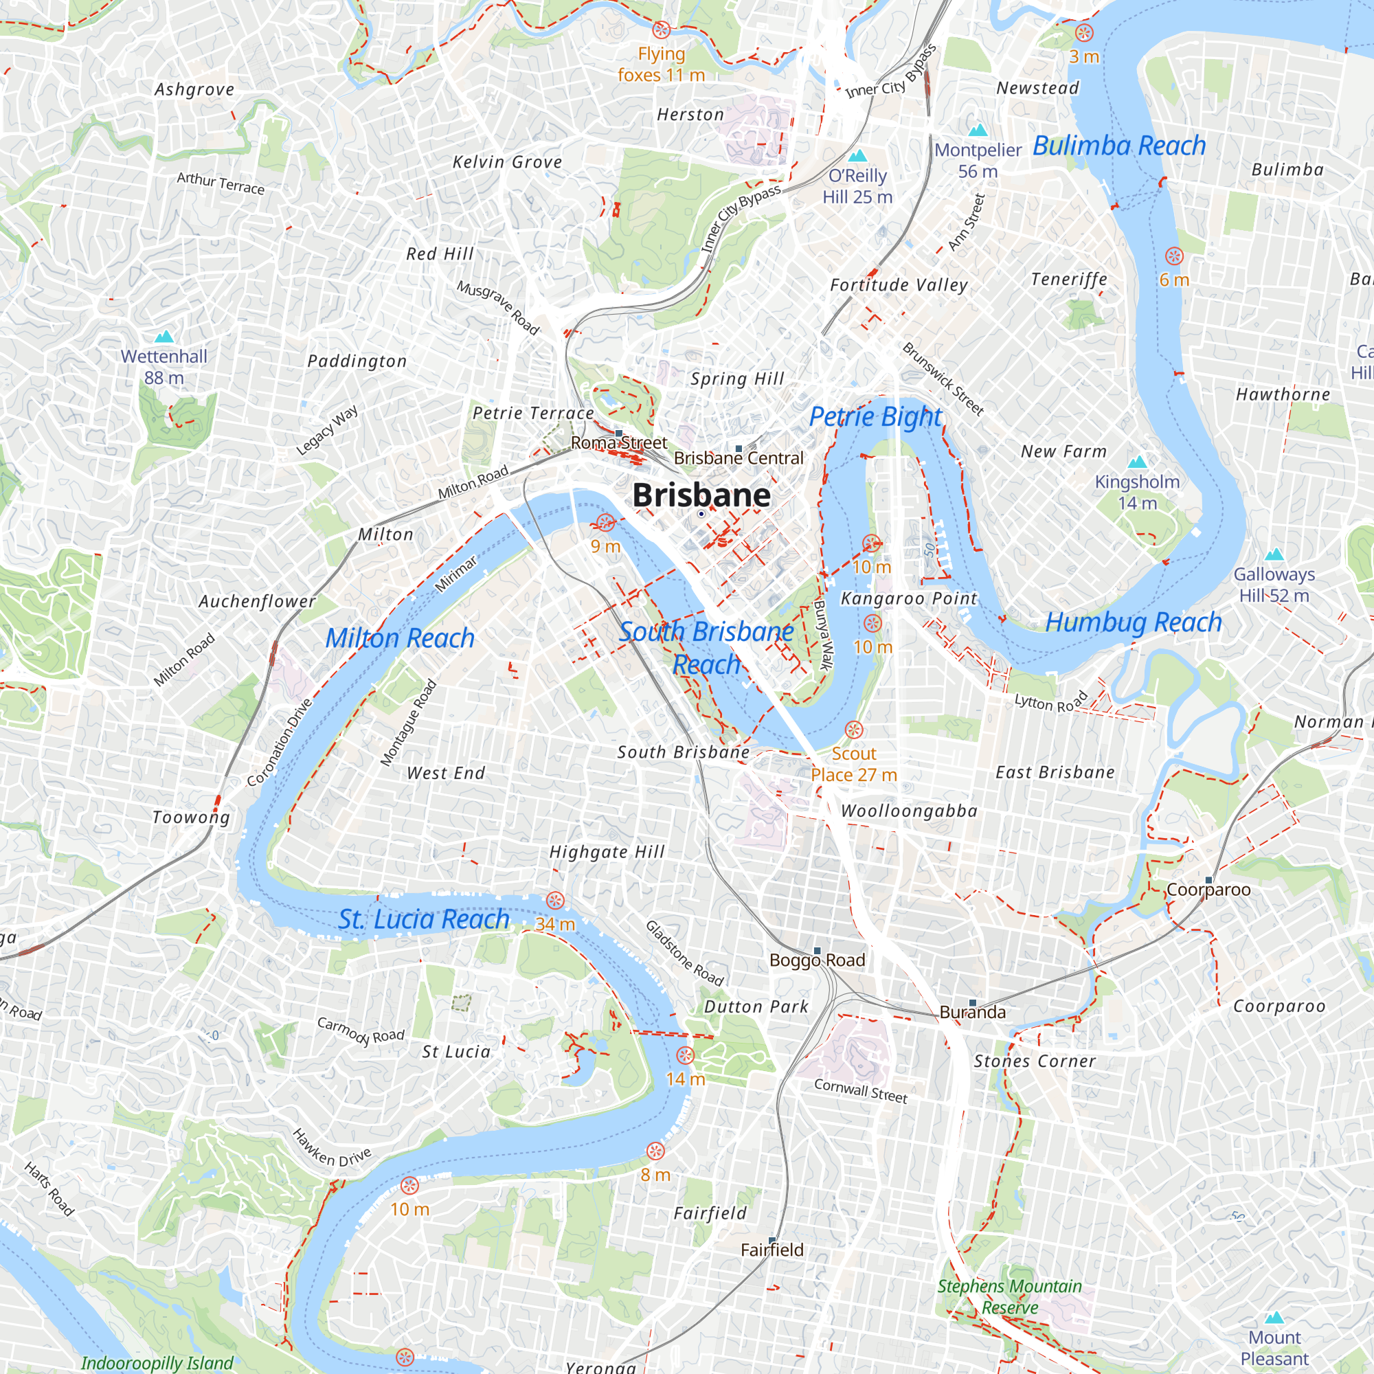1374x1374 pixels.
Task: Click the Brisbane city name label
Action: click(x=701, y=495)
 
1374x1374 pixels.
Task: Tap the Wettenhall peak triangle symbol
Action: click(x=164, y=337)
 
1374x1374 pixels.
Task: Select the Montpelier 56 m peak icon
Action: click(x=978, y=129)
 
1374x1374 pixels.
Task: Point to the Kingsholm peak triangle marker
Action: click(x=1137, y=462)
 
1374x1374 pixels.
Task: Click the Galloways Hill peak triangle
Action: click(x=1274, y=554)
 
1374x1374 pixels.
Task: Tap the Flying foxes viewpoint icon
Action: click(x=662, y=30)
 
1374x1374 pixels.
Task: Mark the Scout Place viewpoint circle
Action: click(x=853, y=730)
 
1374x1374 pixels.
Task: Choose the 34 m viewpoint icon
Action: click(x=554, y=901)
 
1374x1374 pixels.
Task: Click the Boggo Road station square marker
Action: click(x=817, y=951)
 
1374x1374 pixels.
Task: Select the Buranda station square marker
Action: click(x=972, y=1003)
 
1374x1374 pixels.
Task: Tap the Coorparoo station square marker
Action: click(x=1208, y=881)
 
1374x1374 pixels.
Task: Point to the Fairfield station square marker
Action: click(x=772, y=1240)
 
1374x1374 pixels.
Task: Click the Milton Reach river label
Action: click(x=400, y=638)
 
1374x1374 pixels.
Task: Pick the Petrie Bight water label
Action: click(x=875, y=417)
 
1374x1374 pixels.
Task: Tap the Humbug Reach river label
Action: click(x=1133, y=622)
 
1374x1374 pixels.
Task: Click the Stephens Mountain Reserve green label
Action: click(x=1009, y=1296)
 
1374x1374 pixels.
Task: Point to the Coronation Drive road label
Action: click(x=280, y=743)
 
